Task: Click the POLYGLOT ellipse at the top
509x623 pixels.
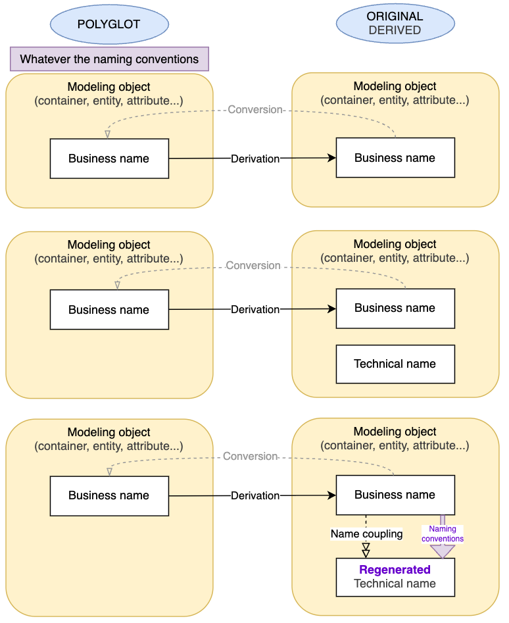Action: (109, 24)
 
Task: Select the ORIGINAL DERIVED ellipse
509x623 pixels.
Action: (395, 24)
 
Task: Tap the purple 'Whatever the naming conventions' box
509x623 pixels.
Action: (109, 59)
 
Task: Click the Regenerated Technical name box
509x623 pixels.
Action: (395, 577)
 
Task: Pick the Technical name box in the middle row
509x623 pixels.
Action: (395, 364)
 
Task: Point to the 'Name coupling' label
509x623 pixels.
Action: (366, 534)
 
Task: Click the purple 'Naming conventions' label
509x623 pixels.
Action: (443, 534)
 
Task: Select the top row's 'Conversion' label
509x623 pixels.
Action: (255, 109)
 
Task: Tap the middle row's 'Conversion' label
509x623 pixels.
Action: (253, 266)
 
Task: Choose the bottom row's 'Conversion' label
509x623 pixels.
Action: (251, 456)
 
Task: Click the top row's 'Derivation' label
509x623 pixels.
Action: (255, 159)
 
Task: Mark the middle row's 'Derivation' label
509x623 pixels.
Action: (255, 309)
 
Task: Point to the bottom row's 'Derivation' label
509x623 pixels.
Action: (255, 495)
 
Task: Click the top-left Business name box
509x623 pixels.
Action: (109, 159)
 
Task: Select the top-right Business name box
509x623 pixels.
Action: (395, 158)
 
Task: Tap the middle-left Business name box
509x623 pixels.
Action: (109, 310)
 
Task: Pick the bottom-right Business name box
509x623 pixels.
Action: (395, 495)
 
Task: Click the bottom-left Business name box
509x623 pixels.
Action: (109, 495)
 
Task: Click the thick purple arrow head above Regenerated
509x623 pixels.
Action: (443, 551)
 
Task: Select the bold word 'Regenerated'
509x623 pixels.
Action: (395, 570)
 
